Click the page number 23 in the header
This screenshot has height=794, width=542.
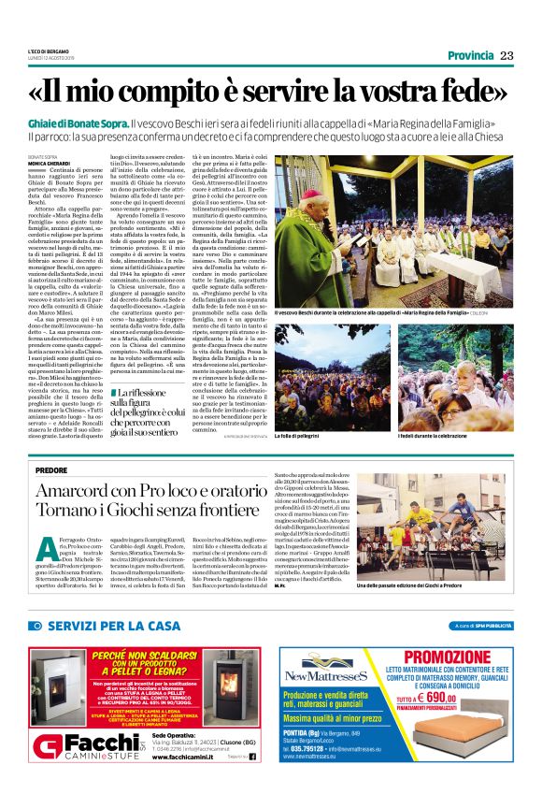(x=506, y=55)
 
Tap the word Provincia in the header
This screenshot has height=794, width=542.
(x=471, y=55)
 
